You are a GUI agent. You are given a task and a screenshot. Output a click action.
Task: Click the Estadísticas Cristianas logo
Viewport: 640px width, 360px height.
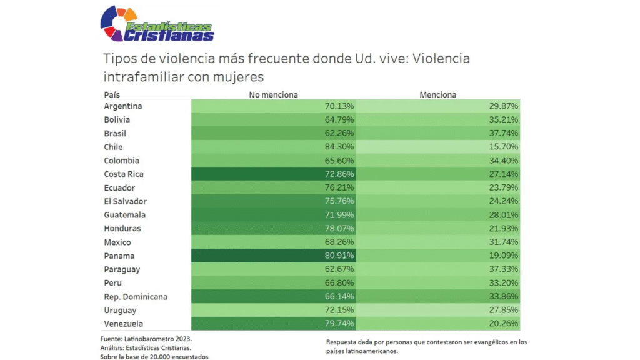pos(157,24)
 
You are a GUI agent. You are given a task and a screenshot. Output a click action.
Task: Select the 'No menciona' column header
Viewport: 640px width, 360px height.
pos(273,95)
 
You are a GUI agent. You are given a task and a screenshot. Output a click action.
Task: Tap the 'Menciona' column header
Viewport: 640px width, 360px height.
pos(437,95)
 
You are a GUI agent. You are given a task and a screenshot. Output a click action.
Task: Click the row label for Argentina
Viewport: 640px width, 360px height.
pos(123,106)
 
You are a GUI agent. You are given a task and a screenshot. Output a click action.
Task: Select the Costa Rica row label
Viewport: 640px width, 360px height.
pos(124,174)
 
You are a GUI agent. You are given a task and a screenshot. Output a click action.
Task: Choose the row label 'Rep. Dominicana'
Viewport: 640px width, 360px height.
pos(136,297)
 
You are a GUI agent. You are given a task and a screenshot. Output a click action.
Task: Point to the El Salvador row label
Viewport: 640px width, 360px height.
pos(126,201)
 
